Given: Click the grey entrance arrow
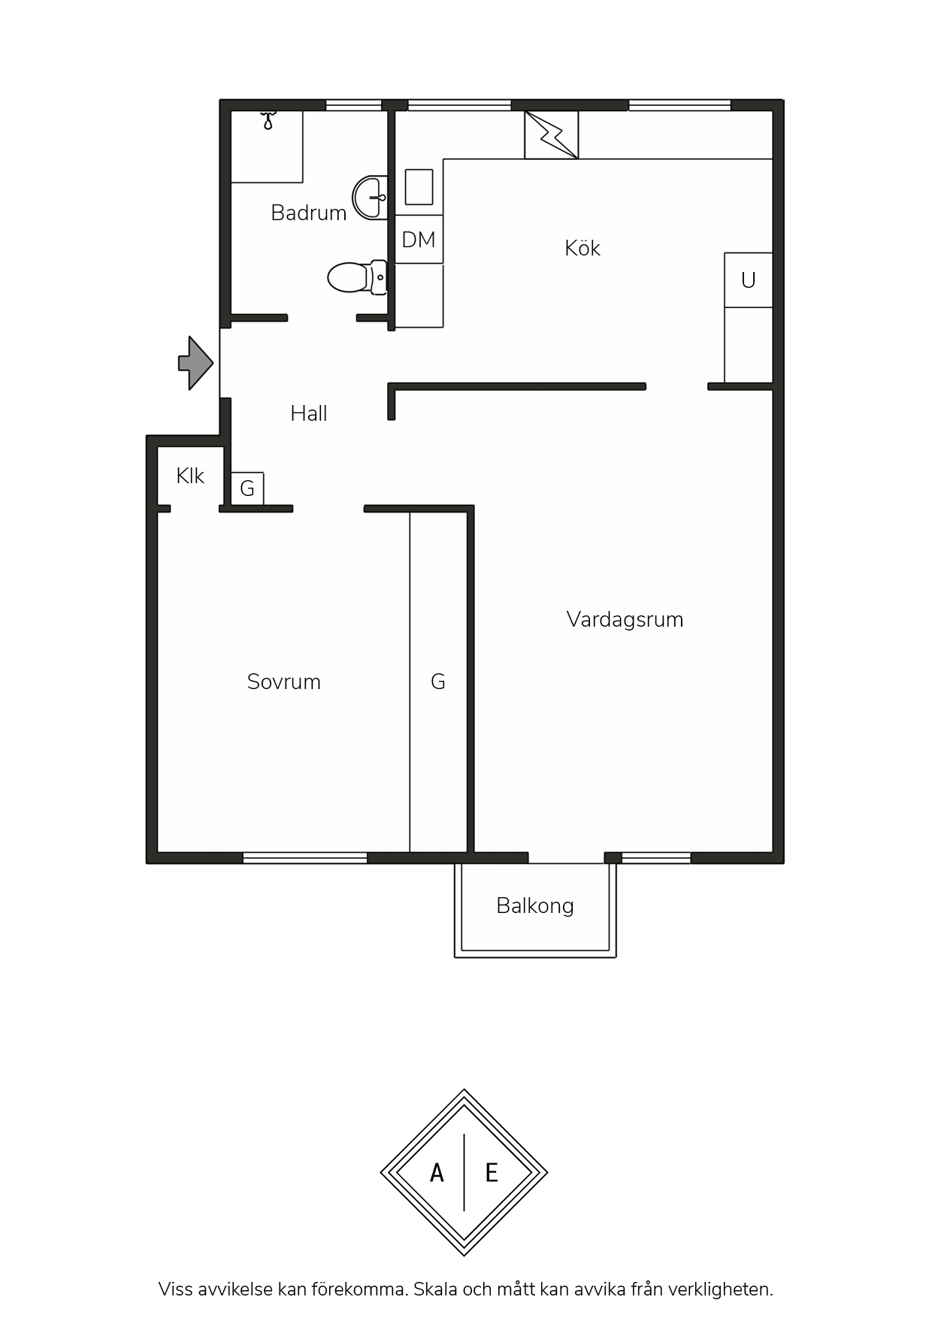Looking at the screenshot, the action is click(x=195, y=363).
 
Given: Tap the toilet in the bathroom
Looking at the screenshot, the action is click(x=357, y=277).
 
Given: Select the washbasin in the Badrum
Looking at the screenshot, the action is click(x=371, y=197).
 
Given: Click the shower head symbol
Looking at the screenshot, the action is click(x=268, y=120).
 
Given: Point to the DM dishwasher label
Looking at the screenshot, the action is click(x=419, y=240).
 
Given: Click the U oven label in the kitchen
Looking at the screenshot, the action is click(x=748, y=280).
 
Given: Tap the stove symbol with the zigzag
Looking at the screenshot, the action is click(x=552, y=135).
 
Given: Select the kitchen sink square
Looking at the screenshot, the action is click(x=419, y=187).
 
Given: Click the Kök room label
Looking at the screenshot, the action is click(x=582, y=248).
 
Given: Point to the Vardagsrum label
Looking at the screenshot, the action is click(x=625, y=620).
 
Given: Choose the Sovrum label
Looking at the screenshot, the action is click(x=284, y=682).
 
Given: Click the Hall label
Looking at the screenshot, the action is click(x=309, y=413).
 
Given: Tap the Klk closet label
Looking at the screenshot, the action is click(x=190, y=476).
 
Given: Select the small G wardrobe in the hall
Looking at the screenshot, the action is click(x=247, y=488).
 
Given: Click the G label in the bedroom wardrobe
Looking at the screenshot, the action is click(x=438, y=682).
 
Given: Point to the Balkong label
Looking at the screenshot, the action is click(x=535, y=906).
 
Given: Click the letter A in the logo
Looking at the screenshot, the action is click(x=437, y=1173).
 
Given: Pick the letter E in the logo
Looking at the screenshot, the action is click(x=492, y=1173).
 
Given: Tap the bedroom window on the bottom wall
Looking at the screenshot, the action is click(x=305, y=857).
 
